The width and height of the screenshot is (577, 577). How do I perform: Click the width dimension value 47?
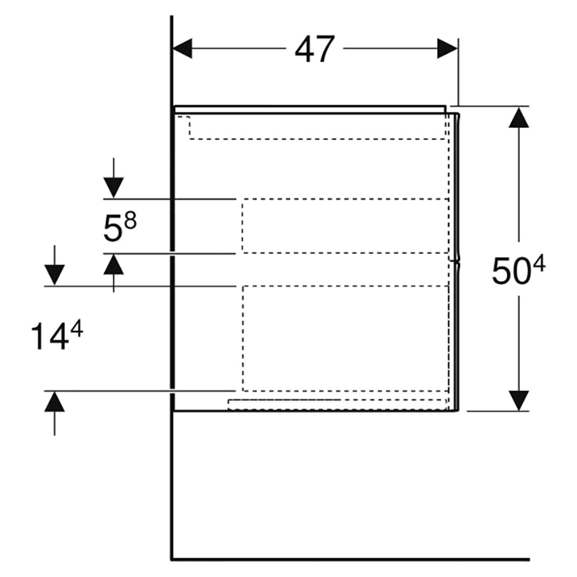pyautogui.click(x=315, y=49)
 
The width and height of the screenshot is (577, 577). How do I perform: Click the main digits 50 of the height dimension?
pyautogui.click(x=507, y=272)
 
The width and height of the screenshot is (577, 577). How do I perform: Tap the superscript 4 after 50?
pyautogui.click(x=538, y=265)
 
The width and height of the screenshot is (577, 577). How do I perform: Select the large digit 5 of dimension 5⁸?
pyautogui.click(x=112, y=230)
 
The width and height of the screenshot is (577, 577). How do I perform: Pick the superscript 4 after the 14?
pyautogui.click(x=76, y=329)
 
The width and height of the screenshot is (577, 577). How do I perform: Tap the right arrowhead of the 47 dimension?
pyautogui.click(x=448, y=48)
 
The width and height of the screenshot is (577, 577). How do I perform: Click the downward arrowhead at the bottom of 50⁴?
pyautogui.click(x=519, y=400)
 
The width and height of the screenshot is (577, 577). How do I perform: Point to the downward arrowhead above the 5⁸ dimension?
pyautogui.click(x=114, y=187)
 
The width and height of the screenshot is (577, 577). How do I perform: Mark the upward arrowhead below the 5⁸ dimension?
pyautogui.click(x=114, y=265)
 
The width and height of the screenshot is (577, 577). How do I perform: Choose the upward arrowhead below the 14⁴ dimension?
pyautogui.click(x=55, y=402)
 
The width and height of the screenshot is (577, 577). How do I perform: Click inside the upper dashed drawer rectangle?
pyautogui.click(x=344, y=226)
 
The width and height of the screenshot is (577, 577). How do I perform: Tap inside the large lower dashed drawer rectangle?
pyautogui.click(x=344, y=338)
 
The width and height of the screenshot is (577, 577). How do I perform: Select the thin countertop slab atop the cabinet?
pyautogui.click(x=310, y=109)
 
